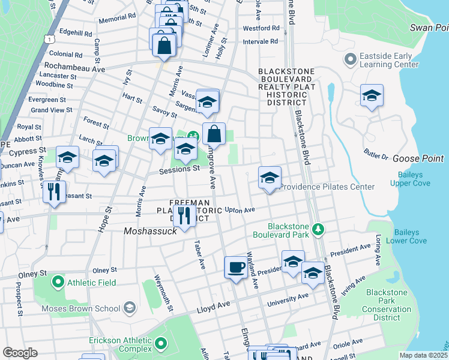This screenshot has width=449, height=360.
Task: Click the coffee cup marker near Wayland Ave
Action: (236, 266)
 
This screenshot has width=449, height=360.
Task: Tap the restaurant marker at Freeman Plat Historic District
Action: (184, 217)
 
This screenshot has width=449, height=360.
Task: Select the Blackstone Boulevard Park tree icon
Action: (319, 229)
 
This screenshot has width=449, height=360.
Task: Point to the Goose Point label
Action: (418, 158)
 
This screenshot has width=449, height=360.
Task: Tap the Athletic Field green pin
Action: (58, 281)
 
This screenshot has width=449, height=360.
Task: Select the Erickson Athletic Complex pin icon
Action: (160, 344)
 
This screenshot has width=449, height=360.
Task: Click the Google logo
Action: (19, 353)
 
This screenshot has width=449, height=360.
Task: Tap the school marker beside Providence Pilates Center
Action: (270, 178)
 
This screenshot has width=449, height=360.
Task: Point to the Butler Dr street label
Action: (377, 155)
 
